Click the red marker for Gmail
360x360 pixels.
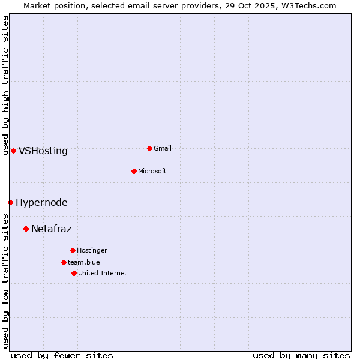click(x=149, y=148)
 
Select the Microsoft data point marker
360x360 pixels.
click(x=134, y=171)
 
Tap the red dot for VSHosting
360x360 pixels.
click(x=13, y=151)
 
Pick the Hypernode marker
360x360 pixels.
click(x=10, y=202)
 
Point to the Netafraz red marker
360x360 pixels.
click(x=26, y=229)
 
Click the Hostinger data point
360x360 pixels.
click(x=73, y=250)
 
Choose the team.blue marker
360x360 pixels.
click(x=64, y=262)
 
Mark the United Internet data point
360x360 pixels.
click(x=74, y=273)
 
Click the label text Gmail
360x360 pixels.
click(x=163, y=148)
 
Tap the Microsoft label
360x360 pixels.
click(x=152, y=171)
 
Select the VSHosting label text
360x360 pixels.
click(x=43, y=151)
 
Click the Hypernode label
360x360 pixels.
click(x=41, y=203)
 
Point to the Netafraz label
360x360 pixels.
click(x=51, y=229)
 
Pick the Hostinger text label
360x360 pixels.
click(x=92, y=250)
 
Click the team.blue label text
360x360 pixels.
click(x=84, y=262)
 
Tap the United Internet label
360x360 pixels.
click(x=103, y=273)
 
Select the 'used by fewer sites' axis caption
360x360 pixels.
click(x=62, y=355)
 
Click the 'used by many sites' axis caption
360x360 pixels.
click(x=301, y=355)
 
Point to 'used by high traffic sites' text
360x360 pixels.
click(x=5, y=85)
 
